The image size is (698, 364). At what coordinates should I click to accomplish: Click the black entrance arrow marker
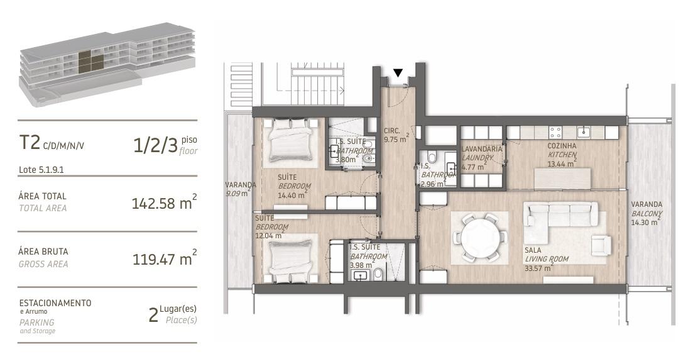(x=398, y=73)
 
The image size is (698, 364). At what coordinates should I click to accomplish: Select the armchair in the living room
(x=601, y=245)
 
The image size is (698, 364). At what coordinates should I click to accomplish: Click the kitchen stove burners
(x=555, y=132)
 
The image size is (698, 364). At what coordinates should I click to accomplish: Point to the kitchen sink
(x=584, y=132)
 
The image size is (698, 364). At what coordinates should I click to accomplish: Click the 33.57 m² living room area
(x=538, y=268)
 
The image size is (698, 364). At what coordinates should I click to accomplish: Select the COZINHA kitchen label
(x=562, y=146)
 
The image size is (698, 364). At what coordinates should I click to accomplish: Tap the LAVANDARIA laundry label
(x=482, y=149)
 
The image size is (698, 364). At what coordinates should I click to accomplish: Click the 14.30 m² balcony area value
(x=645, y=222)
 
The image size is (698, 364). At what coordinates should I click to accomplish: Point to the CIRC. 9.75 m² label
(x=396, y=135)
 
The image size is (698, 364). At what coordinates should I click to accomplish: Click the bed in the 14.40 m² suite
(x=290, y=140)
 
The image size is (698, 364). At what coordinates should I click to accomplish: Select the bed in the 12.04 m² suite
(x=292, y=261)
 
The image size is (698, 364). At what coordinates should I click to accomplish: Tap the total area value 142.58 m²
(x=164, y=203)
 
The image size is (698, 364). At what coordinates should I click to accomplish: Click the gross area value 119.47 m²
(x=164, y=258)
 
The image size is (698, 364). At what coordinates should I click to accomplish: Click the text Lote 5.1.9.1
(x=41, y=170)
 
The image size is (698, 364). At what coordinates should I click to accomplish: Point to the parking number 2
(x=153, y=316)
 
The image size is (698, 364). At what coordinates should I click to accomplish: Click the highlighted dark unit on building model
(x=90, y=62)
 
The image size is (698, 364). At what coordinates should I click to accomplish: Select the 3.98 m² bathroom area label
(x=361, y=265)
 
